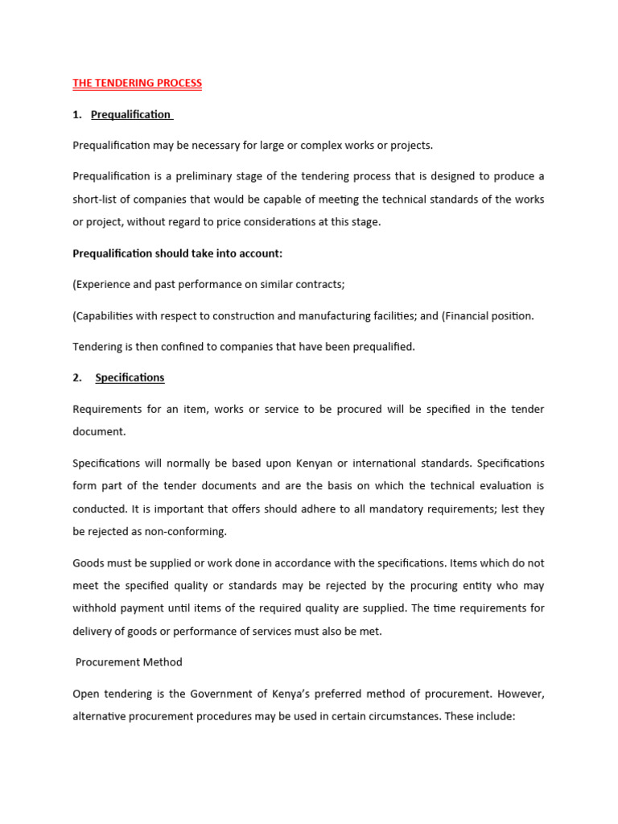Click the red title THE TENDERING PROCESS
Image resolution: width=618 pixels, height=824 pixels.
coord(137,83)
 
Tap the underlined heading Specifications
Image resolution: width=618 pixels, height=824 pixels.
coord(130,377)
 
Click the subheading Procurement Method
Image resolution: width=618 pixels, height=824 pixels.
coord(129,662)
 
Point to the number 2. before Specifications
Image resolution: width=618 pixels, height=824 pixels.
coord(77,377)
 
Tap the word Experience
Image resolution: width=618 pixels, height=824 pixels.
coord(102,285)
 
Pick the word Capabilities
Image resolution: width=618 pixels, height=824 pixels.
coord(103,316)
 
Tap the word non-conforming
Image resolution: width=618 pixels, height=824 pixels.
coord(184,532)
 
